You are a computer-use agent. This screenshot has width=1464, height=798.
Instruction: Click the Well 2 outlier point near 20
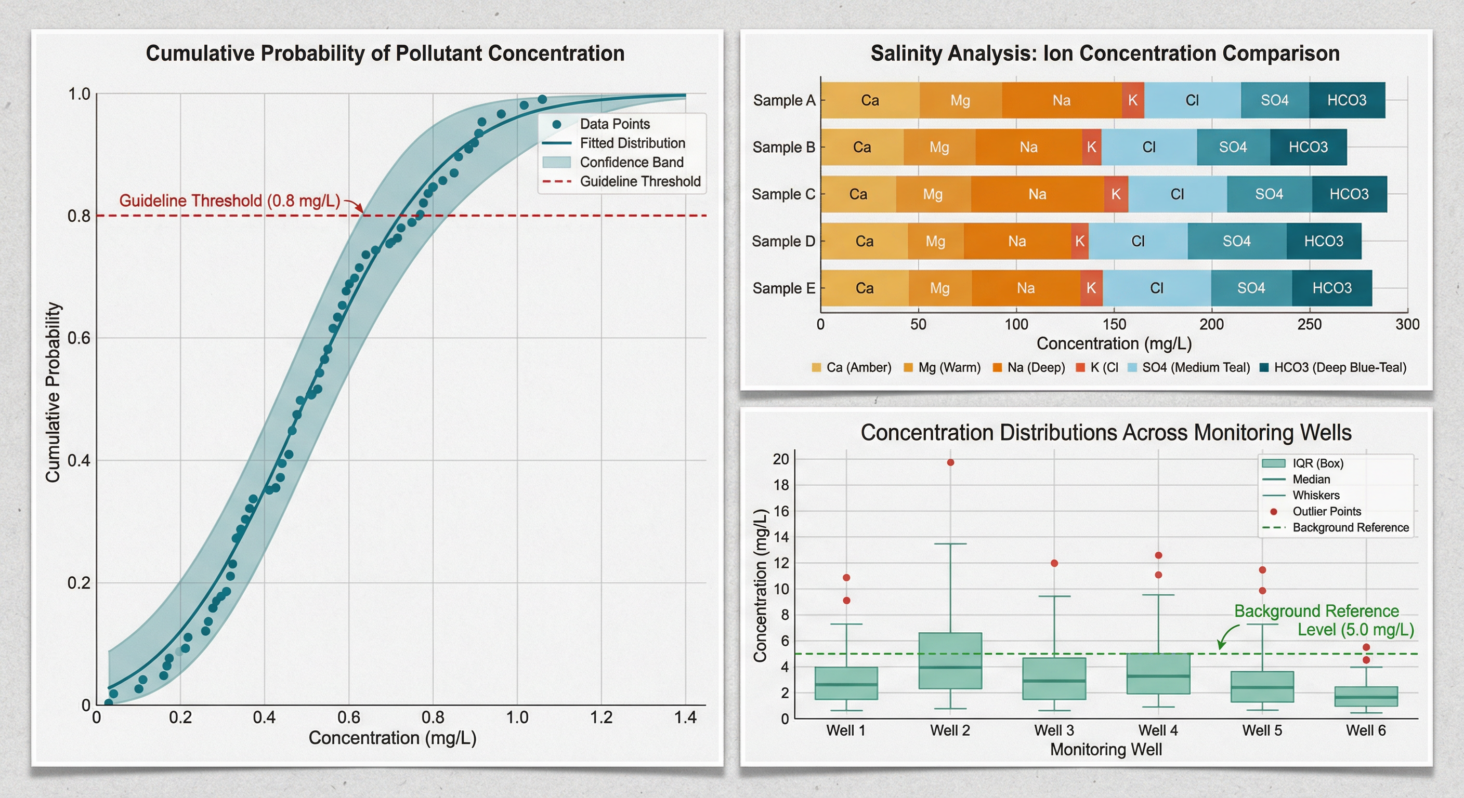coord(950,462)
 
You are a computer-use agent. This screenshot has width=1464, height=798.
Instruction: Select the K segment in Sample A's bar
coord(1133,101)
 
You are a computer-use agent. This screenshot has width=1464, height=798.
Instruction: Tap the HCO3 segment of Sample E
coord(1331,288)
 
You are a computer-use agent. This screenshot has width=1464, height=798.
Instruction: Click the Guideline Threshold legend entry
coord(639,181)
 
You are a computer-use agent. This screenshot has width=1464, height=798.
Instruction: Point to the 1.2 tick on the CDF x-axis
coord(602,717)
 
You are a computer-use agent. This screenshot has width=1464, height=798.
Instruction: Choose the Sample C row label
coord(783,194)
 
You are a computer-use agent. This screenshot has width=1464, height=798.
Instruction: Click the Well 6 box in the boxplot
coord(1366,696)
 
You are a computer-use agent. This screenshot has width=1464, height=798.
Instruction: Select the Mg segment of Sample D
coord(935,242)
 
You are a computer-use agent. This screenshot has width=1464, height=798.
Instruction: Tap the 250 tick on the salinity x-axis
coord(1310,324)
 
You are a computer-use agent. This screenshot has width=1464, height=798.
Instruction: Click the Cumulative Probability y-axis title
coord(53,392)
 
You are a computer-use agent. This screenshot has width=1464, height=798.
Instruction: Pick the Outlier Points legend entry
coord(1326,511)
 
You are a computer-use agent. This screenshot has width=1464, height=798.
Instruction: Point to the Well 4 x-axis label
coord(1158,730)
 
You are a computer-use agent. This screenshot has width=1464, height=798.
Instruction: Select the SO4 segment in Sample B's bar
coord(1233,147)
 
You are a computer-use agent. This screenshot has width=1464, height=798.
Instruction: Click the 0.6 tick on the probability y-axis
coord(79,338)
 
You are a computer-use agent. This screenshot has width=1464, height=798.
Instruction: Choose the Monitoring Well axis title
coord(1105,750)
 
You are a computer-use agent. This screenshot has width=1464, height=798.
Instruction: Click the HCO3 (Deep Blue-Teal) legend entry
coord(1339,367)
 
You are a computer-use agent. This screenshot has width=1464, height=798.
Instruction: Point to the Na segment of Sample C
coord(1037,194)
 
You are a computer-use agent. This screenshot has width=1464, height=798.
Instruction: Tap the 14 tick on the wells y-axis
coord(781,537)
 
